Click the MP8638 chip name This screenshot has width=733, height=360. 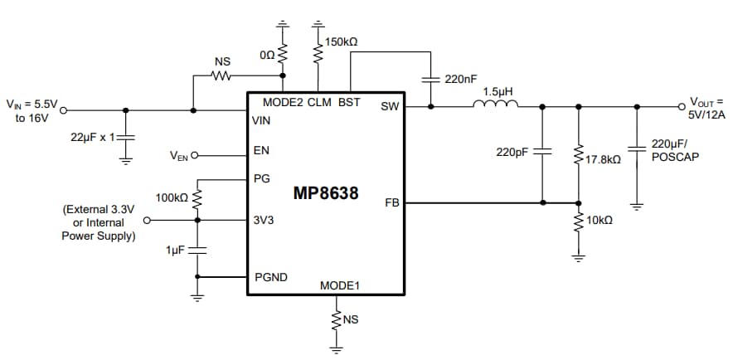(326, 193)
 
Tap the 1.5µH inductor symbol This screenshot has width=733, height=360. (495, 105)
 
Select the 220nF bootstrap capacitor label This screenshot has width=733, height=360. (461, 80)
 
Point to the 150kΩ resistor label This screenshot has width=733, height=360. (342, 41)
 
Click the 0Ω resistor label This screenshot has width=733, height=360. (266, 54)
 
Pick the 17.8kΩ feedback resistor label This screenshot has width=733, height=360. (603, 158)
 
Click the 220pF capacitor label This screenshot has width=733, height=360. (512, 152)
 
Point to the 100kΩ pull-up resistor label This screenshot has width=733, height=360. (172, 198)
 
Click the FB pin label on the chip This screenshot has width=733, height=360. (393, 202)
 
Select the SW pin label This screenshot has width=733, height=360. (390, 106)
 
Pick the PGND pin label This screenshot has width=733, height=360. (271, 277)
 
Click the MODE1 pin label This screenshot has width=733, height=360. (340, 286)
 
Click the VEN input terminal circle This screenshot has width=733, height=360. (195, 154)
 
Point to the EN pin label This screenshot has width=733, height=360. (260, 152)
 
